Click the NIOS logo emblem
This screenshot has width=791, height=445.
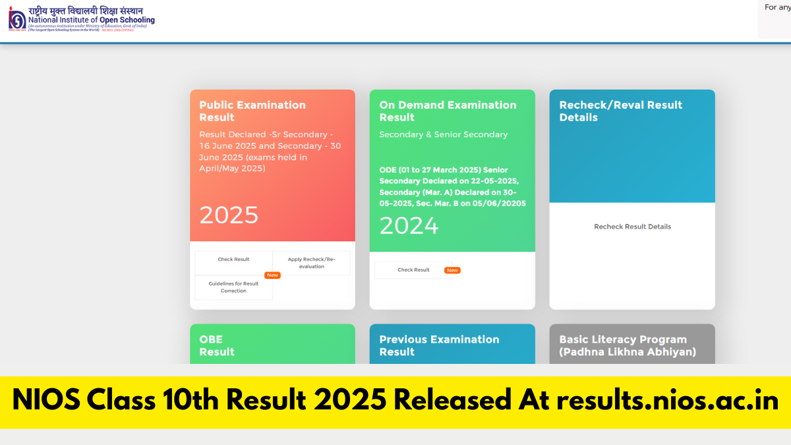click(x=16, y=20)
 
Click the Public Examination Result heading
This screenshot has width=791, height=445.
click(x=252, y=111)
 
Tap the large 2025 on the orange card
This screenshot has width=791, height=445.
click(x=229, y=215)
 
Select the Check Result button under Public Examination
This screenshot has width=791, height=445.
click(x=233, y=260)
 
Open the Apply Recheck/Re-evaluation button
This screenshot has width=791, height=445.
click(x=311, y=263)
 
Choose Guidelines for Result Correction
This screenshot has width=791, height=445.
click(x=233, y=287)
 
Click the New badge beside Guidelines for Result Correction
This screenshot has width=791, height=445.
click(x=272, y=275)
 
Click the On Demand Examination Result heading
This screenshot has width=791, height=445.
click(x=448, y=111)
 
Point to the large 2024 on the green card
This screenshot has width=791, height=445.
click(x=409, y=226)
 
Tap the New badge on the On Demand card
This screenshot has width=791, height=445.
click(x=452, y=270)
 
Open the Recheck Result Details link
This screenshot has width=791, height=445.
click(x=632, y=227)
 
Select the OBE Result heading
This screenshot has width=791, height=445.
click(x=217, y=345)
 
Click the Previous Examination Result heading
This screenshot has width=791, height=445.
click(x=439, y=345)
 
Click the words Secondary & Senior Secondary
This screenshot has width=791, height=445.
click(x=443, y=134)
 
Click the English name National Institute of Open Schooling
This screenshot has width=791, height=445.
click(x=91, y=20)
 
